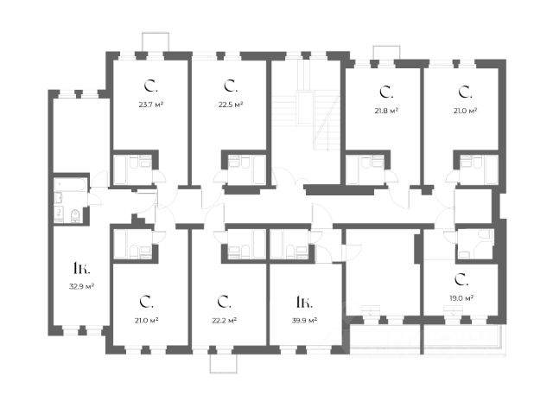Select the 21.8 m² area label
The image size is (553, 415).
pyautogui.click(x=386, y=111)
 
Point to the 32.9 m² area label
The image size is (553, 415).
pyautogui.click(x=82, y=286)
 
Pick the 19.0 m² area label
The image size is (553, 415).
pyautogui.click(x=461, y=298)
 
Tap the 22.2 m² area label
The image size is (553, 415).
pyautogui.click(x=225, y=320)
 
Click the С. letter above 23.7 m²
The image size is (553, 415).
pyautogui.click(x=150, y=86)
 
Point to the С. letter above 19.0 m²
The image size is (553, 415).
pyautogui.click(x=461, y=280)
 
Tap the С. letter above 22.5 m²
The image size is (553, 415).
pyautogui.click(x=230, y=86)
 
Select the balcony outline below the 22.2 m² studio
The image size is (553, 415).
pyautogui.click(x=222, y=361)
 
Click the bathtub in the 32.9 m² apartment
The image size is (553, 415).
pyautogui.click(x=70, y=185)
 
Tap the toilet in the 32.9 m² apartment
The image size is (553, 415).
pyautogui.click(x=75, y=214)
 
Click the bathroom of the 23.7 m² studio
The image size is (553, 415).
pyautogui.click(x=134, y=168)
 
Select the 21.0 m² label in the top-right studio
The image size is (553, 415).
pyautogui.click(x=465, y=111)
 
